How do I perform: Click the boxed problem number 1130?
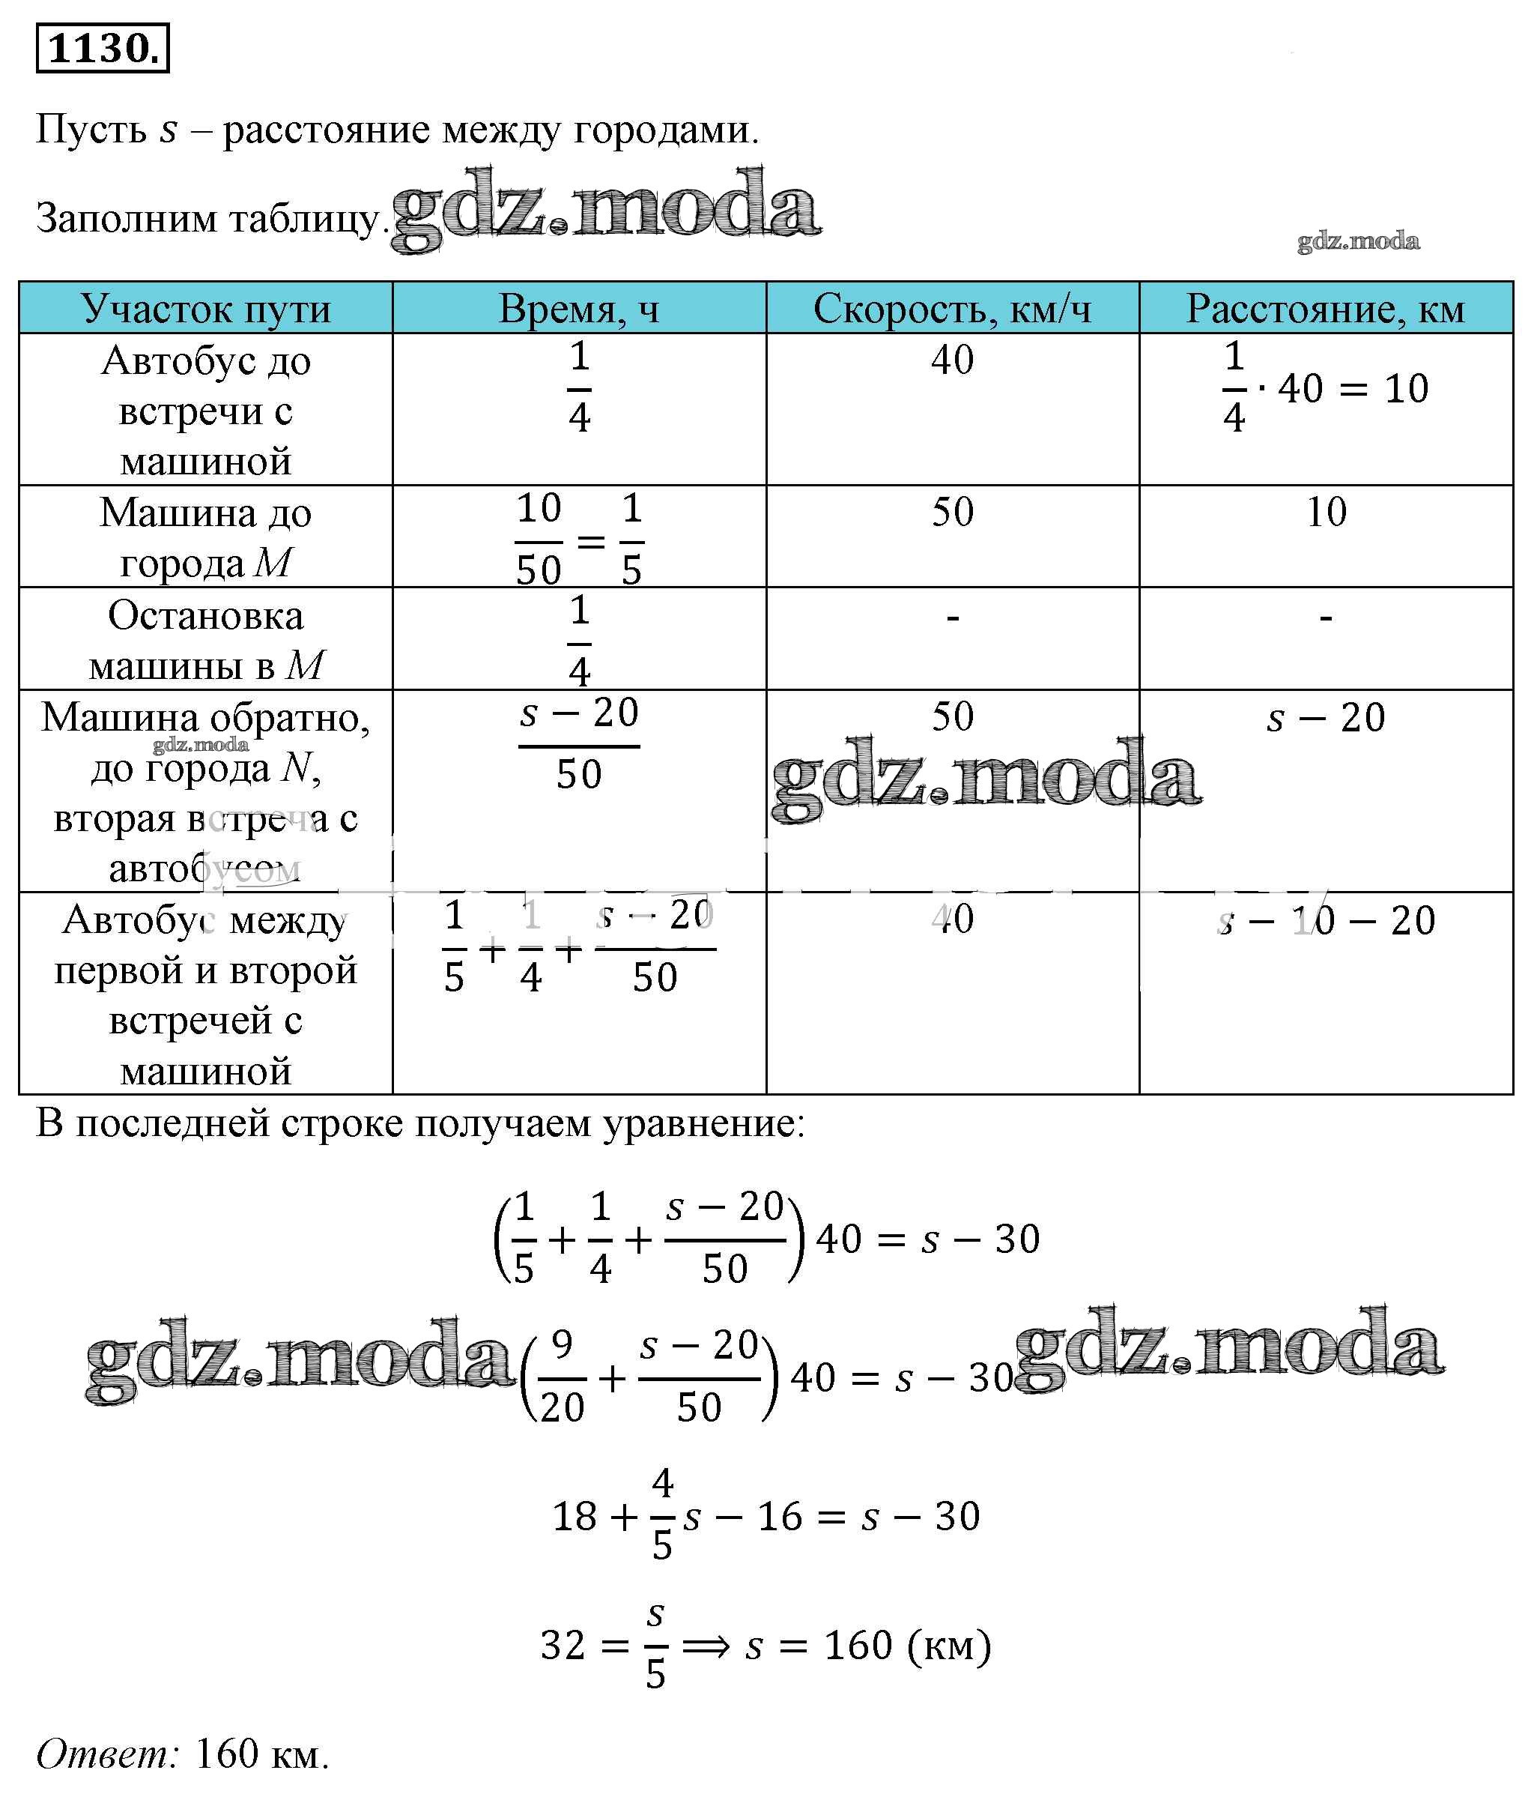click(102, 49)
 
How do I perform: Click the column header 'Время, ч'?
click(578, 308)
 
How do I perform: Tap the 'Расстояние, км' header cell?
click(1324, 308)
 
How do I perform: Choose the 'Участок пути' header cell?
click(206, 308)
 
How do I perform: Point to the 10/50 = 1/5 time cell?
click(579, 539)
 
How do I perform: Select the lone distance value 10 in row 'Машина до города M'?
click(1325, 512)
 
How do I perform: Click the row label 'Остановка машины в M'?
click(206, 640)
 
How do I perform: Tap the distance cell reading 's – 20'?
click(1325, 718)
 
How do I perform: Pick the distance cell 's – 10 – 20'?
click(1325, 920)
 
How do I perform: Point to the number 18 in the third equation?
click(575, 1516)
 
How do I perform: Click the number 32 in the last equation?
click(563, 1645)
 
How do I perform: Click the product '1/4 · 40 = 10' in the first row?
click(1324, 389)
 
